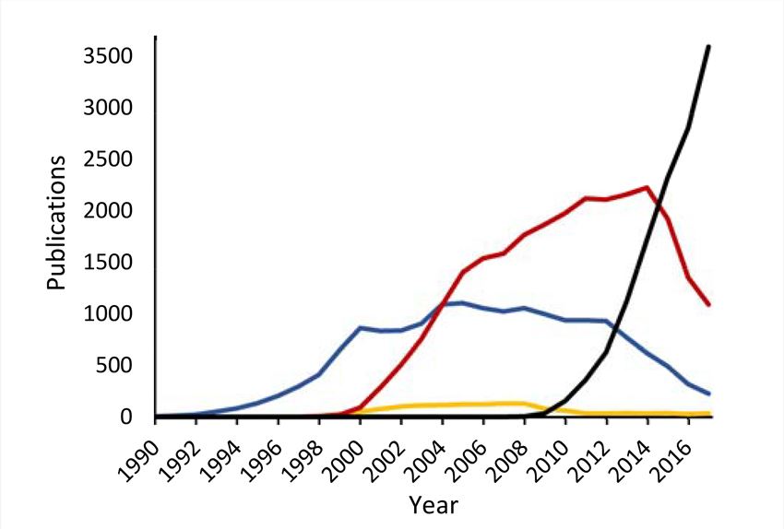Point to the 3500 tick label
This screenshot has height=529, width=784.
pos(110,57)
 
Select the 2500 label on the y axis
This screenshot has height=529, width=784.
pos(110,160)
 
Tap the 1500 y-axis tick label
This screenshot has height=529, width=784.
pos(110,264)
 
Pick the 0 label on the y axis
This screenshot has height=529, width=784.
pos(129,418)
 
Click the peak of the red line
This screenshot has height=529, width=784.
pos(647,187)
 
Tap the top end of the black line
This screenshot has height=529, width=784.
pos(708,46)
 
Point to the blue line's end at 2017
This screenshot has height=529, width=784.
pos(708,394)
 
